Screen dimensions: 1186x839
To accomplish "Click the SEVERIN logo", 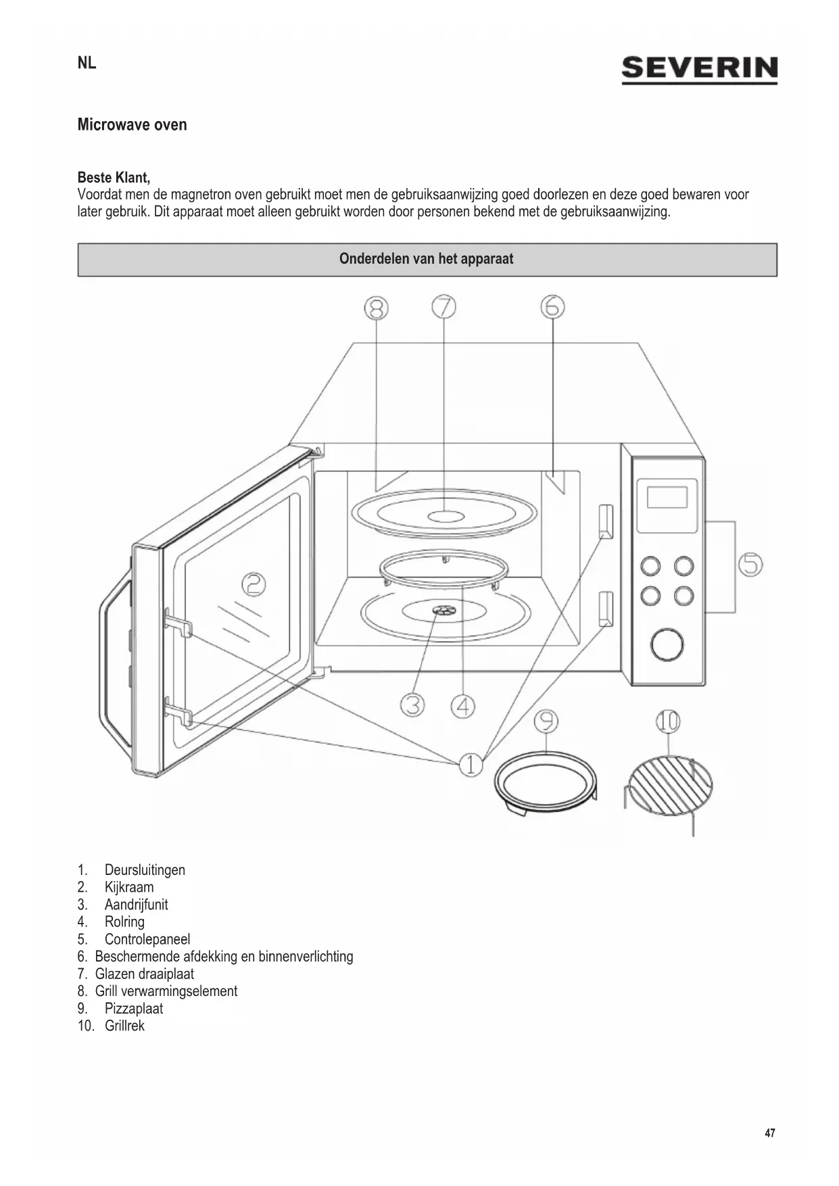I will coord(699,70).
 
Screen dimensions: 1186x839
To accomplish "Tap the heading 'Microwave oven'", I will coord(132,124).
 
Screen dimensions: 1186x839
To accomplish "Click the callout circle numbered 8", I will coord(377,308).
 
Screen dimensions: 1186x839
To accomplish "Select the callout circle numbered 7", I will coord(444,307).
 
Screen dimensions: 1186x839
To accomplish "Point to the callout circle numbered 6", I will coord(552,307).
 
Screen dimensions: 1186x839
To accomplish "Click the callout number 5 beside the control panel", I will coord(750,564).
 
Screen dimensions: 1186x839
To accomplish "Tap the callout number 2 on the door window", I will coord(254,584).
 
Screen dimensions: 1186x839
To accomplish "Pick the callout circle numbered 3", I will coord(412,705).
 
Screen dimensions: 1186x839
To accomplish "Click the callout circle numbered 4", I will coord(463,707).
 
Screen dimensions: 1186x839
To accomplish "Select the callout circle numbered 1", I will coord(471,765).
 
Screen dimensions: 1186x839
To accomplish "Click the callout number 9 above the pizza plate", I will coord(546,721).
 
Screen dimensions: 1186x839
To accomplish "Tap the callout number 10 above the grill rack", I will coord(667,721).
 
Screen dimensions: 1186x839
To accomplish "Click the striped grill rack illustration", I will coord(669,785).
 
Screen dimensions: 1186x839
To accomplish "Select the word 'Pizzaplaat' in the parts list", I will coord(134,1008).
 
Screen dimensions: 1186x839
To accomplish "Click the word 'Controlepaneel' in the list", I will coord(147,939).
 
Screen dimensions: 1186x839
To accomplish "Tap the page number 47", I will coord(770,1133).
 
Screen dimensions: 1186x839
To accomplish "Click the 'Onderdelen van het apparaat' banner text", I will coord(427,259).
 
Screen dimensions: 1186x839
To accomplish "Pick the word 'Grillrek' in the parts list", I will coord(124,1026).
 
